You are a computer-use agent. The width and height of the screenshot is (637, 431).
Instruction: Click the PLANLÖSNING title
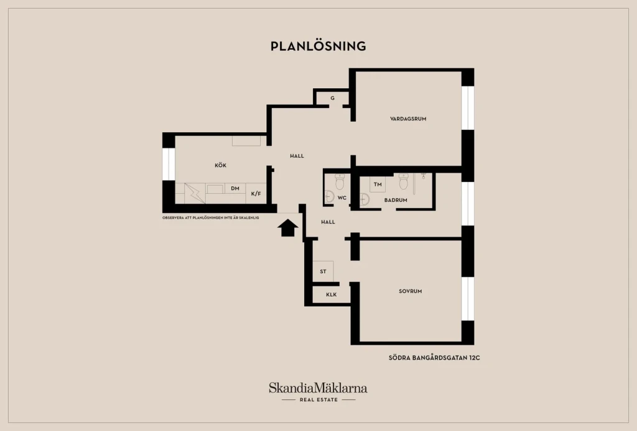pyautogui.click(x=318, y=46)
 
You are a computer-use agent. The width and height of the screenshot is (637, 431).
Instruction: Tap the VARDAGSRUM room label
pyautogui.click(x=408, y=119)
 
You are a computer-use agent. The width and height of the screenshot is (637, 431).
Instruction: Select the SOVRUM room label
pyautogui.click(x=411, y=291)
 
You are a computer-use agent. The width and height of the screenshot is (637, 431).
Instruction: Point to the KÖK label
pyautogui.click(x=221, y=165)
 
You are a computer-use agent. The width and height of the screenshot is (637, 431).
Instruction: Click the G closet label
pyautogui.click(x=332, y=98)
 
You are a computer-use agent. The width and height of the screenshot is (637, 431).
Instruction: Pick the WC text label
pyautogui.click(x=342, y=198)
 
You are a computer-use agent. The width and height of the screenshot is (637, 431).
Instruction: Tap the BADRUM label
pyautogui.click(x=396, y=200)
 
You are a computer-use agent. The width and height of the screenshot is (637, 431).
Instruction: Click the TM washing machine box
pyautogui.click(x=378, y=184)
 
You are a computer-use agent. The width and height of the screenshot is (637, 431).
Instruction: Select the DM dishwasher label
pyautogui.click(x=235, y=188)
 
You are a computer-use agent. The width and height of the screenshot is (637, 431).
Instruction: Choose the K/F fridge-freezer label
pyautogui.click(x=256, y=194)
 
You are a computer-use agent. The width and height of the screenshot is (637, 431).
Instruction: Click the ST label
pyautogui.click(x=323, y=271)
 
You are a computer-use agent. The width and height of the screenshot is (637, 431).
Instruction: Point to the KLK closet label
pyautogui.click(x=332, y=295)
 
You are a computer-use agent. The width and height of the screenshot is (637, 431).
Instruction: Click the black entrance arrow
pyautogui.click(x=287, y=228)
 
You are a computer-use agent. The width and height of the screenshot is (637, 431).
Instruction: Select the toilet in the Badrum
pyautogui.click(x=403, y=181)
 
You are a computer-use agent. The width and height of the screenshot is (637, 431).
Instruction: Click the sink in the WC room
pyautogui.click(x=330, y=197)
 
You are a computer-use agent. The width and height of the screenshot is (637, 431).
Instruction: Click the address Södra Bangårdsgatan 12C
pyautogui.click(x=434, y=358)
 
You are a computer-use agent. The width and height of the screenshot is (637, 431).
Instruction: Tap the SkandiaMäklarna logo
pyautogui.click(x=318, y=391)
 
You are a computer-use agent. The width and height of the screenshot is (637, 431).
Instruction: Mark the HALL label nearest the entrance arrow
pyautogui.click(x=328, y=222)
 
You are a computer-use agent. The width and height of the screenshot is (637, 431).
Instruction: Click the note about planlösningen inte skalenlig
pyautogui.click(x=210, y=218)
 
